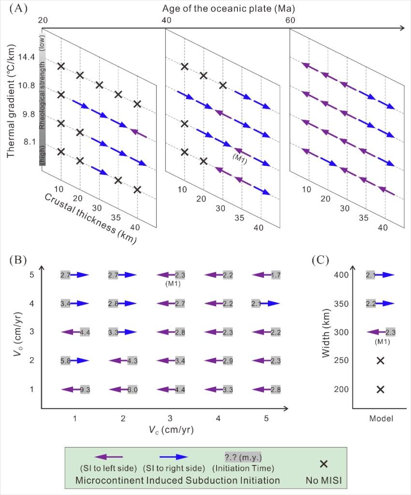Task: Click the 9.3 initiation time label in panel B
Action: click(x=85, y=389)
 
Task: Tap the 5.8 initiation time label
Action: click(x=65, y=361)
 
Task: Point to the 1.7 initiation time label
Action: click(x=275, y=275)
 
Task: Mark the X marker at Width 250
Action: click(x=380, y=361)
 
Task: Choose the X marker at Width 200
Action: click(x=380, y=389)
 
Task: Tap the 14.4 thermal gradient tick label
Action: click(x=26, y=57)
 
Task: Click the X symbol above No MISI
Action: click(x=324, y=464)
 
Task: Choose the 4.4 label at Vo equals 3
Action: click(x=85, y=332)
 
